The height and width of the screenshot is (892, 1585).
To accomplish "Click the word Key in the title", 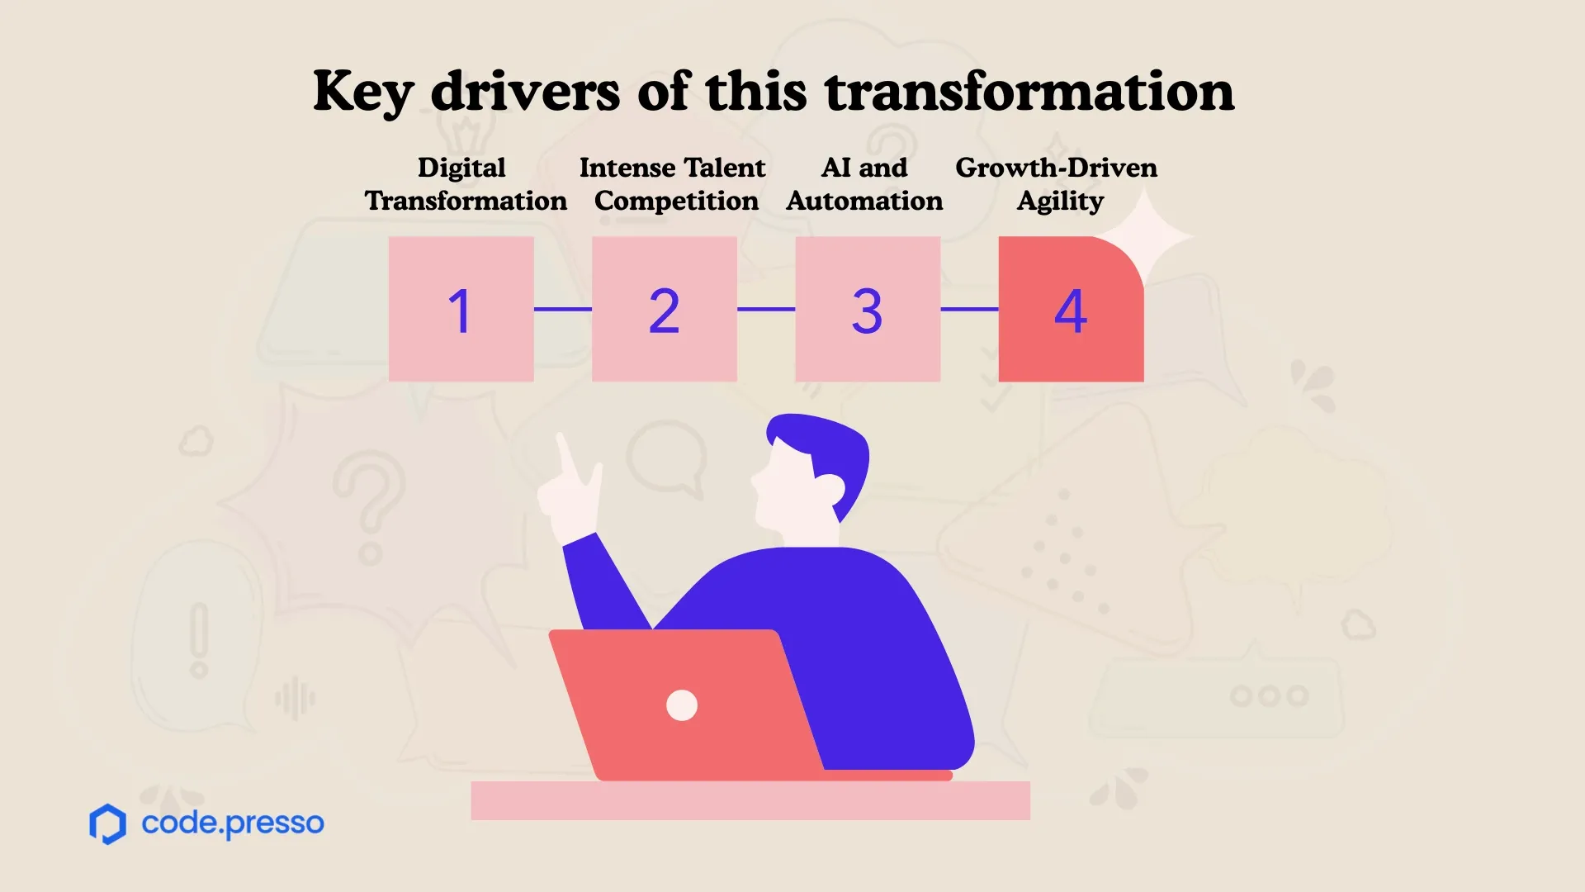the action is pos(363,93).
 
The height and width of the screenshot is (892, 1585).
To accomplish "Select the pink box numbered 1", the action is pos(461,309).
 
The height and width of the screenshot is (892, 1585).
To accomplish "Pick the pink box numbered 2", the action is pos(665,309).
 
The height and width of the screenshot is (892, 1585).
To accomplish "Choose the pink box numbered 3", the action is pos(868,309).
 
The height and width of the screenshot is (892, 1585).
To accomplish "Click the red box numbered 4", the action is pos(1071,309).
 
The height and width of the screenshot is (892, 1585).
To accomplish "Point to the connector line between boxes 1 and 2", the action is pos(563,309).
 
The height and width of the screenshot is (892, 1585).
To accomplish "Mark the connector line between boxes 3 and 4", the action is pos(969,309).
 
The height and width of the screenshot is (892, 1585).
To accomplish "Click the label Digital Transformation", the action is pos(466,184).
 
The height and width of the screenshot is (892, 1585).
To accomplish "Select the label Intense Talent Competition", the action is pos(674,184).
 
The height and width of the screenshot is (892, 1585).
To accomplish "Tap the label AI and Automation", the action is pos(864,184).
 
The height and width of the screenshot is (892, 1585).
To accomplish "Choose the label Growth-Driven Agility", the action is pos(1057,184).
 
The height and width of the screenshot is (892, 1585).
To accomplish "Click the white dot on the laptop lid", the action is pos(682,705).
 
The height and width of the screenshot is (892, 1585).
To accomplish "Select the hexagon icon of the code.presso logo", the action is pos(107,823).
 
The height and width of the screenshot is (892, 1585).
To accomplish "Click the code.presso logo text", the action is pos(233,823).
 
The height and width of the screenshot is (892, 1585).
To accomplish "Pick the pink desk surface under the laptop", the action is pos(750,800).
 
